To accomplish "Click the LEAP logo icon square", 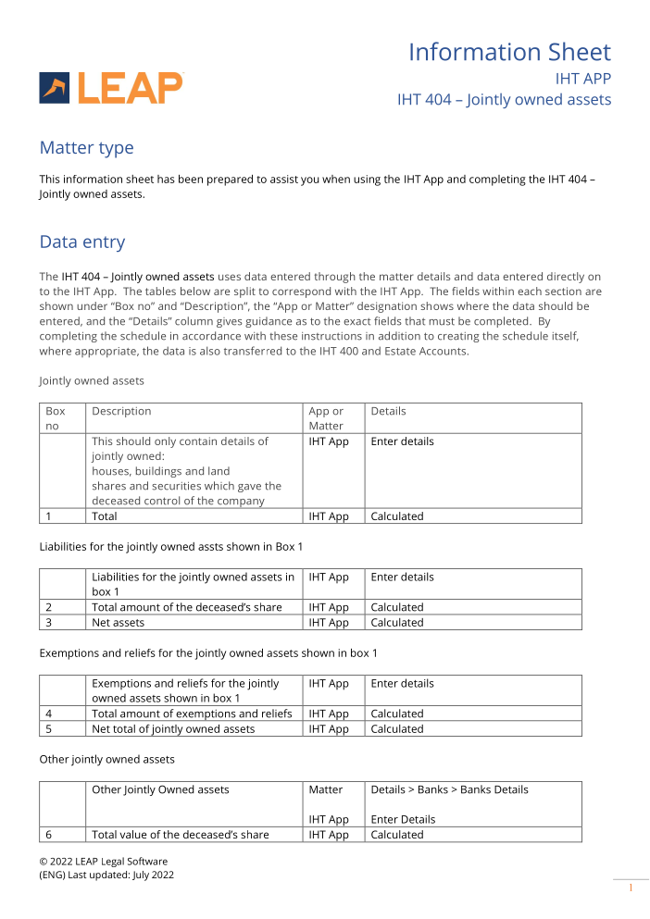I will coord(54,88).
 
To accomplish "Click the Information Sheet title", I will coord(509,52).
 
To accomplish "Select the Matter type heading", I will coord(86,148).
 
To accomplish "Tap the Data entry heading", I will coord(81,242).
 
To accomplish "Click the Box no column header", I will coord(56,418).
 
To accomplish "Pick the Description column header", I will coord(121,411).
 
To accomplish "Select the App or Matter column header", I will coord(326,418).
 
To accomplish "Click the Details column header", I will coord(388,411).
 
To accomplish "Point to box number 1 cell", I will coord(49,516).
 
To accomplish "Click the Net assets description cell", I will coord(118,623).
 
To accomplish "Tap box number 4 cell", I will coord(49,714).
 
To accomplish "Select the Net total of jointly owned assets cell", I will coord(173,729).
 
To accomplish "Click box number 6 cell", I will coord(49,835).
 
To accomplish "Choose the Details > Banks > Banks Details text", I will coord(449,789).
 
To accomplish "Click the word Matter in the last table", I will coord(325,789).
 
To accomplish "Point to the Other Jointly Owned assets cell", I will coord(160,789).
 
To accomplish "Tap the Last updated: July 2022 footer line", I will coord(106,875).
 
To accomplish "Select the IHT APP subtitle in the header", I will coord(582,79).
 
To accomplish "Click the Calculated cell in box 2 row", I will coord(396,608).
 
